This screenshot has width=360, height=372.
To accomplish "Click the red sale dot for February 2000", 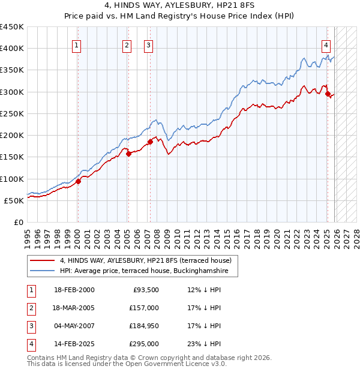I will [x=78, y=181].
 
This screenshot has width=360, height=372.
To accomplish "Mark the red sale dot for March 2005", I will [x=128, y=154].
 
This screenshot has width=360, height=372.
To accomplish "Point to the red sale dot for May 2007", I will [x=149, y=142].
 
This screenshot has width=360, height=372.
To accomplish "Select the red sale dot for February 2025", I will [x=328, y=94].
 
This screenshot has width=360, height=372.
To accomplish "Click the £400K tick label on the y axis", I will [x=12, y=49].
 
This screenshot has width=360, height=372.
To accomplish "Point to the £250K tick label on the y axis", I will [x=12, y=113].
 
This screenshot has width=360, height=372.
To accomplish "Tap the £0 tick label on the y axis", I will [x=18, y=222].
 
